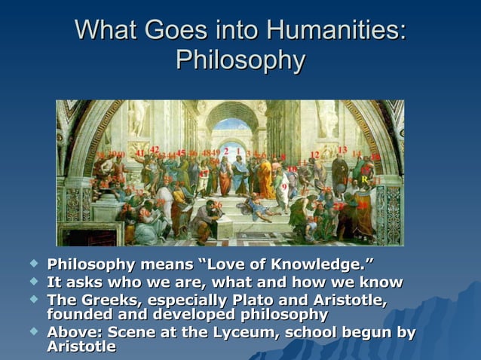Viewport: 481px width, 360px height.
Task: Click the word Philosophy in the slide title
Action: (x=240, y=60)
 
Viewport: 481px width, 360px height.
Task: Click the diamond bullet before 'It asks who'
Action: (x=32, y=282)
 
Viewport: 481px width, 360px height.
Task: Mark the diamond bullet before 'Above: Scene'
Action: (x=32, y=332)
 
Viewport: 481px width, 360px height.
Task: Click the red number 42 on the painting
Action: (x=154, y=150)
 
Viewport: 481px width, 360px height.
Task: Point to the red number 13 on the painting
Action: (x=342, y=150)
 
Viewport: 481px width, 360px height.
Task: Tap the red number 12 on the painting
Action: (x=314, y=155)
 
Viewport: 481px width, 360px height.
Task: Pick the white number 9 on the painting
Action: (x=284, y=186)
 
